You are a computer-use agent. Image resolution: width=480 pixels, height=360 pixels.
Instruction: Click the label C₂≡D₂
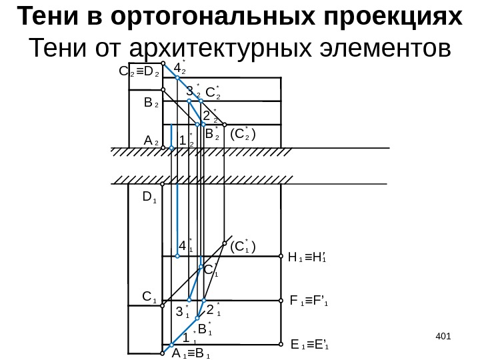pyautogui.click(x=138, y=70)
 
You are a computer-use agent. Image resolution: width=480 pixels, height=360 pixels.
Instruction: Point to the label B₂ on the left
pyautogui.click(x=151, y=104)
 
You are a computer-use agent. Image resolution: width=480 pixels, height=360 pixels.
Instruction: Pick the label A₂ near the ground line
pyautogui.click(x=151, y=141)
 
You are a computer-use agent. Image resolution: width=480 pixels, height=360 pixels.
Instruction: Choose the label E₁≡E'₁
pyautogui.click(x=310, y=345)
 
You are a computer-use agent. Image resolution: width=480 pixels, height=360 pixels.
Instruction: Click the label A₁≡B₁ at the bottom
pyautogui.click(x=191, y=354)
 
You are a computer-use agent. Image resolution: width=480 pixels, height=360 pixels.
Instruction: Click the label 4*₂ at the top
pyautogui.click(x=179, y=67)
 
